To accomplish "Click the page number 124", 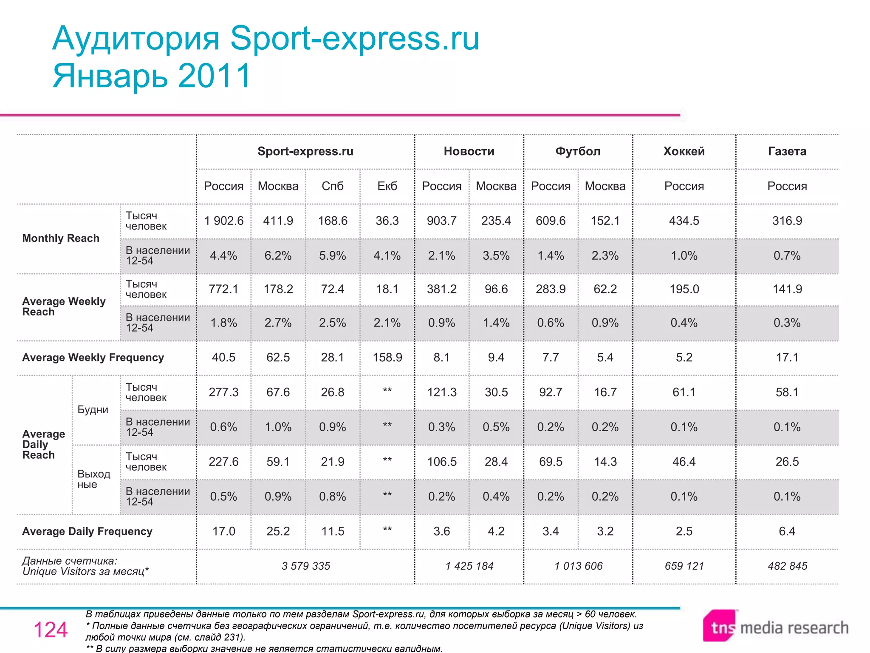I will point(51,630).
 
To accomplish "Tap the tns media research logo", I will point(776,627).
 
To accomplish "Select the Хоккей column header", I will point(684,151).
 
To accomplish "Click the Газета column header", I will point(787,151).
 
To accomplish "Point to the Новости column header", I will point(469,151).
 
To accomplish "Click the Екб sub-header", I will point(387,186).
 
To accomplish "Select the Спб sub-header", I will point(333,186).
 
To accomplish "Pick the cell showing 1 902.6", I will point(224,221).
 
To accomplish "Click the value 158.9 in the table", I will point(387,358).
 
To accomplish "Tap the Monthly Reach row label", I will point(61,238).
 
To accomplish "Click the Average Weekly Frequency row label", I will point(93,358).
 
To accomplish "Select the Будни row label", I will point(93,410).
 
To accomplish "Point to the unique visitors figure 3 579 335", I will point(305,566).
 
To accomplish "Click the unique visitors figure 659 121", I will point(684,566).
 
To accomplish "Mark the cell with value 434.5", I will point(684,221).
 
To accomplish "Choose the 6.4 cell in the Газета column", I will point(787,531).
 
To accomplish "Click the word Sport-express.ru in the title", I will point(355,38).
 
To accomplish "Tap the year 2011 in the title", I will point(215,76).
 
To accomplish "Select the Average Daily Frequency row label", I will point(87,531).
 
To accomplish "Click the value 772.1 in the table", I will point(224,289).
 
